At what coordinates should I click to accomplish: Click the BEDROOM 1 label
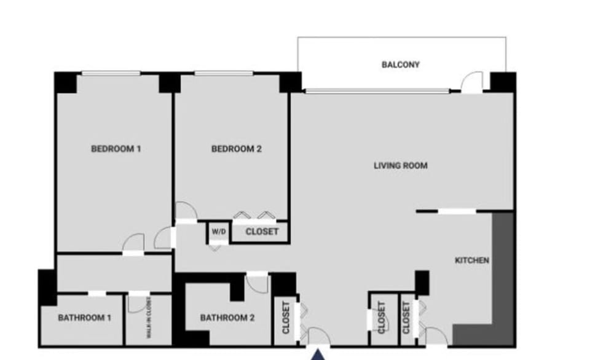116,148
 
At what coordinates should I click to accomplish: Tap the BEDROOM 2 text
237,148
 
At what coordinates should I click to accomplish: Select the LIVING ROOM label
400,165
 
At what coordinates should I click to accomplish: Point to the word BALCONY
400,64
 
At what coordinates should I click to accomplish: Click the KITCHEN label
471,260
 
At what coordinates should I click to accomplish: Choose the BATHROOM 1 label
84,318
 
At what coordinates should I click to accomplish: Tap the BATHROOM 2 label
227,318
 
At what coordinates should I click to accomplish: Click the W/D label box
218,232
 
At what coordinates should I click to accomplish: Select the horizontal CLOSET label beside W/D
262,232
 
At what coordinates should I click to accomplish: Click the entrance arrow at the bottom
318,354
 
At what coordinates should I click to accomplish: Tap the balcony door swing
472,82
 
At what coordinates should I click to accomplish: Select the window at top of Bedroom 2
224,74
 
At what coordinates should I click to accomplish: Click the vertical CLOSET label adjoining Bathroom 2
286,318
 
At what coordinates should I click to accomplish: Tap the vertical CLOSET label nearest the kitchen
406,318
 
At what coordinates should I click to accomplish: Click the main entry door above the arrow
318,337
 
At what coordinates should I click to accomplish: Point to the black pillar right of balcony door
503,82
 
